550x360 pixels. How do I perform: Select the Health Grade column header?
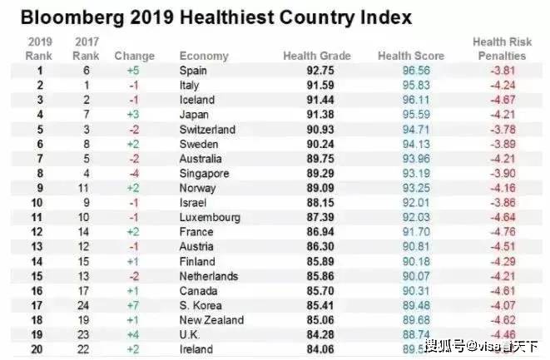click(316, 56)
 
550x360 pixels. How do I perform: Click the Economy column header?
click(204, 56)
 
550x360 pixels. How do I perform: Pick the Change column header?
click(135, 56)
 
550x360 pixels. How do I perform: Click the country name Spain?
click(194, 71)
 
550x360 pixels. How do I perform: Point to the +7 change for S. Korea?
click(134, 305)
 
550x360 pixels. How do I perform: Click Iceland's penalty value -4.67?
click(508, 100)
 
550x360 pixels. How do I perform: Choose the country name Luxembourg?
click(210, 217)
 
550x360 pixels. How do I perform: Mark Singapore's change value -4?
click(134, 173)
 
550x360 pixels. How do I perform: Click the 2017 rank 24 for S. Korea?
click(84, 305)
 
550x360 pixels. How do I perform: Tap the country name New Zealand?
click(211, 320)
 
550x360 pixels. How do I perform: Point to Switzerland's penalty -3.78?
click(508, 129)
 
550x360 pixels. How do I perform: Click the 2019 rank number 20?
click(37, 349)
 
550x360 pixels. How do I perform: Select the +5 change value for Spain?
click(134, 71)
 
